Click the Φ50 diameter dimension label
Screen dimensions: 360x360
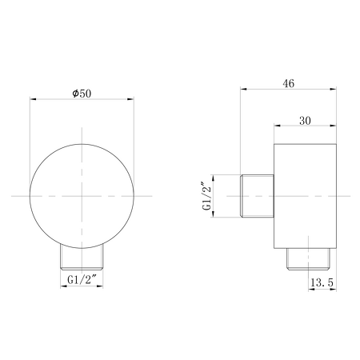[82, 94]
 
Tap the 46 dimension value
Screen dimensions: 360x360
[289, 84]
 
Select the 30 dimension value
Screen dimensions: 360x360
[305, 121]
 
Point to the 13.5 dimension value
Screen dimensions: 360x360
[322, 282]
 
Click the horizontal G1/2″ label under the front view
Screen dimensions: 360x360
[82, 280]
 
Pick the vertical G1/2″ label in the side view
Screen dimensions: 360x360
[207, 196]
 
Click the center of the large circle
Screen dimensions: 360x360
[82, 196]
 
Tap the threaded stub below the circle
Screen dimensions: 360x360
[82, 258]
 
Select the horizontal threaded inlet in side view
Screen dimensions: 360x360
[258, 196]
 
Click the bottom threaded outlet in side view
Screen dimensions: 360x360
[309, 259]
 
